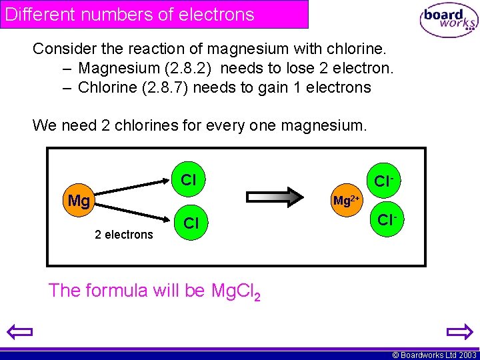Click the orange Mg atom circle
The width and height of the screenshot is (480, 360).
(x=79, y=201)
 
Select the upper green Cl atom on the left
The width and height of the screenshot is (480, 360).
(x=189, y=179)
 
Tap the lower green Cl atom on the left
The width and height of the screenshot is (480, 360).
(x=191, y=223)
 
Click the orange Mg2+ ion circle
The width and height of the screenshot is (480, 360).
(x=347, y=200)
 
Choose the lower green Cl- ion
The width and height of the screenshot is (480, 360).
(x=386, y=219)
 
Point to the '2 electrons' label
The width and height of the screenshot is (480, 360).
(x=124, y=234)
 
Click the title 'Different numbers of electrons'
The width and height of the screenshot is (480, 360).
(x=130, y=14)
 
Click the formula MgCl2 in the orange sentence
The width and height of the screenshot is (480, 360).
(x=235, y=291)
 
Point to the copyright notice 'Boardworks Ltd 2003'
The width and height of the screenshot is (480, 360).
(x=433, y=355)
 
